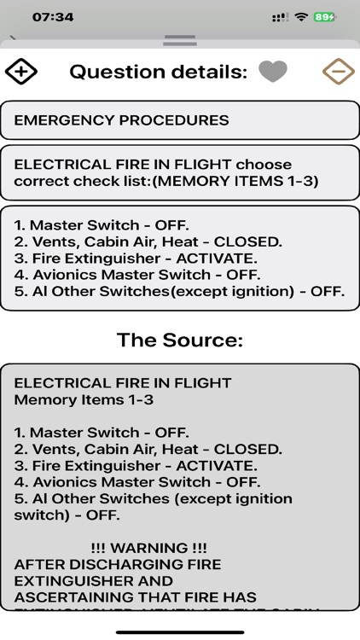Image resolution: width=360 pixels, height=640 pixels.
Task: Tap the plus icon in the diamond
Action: [21, 72]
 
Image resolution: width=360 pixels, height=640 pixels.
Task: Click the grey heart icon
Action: [273, 72]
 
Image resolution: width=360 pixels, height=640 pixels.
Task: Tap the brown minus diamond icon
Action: [338, 72]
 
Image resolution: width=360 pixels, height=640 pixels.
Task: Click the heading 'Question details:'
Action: [158, 72]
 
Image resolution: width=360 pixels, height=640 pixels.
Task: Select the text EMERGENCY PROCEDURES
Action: [122, 120]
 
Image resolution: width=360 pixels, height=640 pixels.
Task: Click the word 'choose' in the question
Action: [264, 164]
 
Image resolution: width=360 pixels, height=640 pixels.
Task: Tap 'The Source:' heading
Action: [180, 340]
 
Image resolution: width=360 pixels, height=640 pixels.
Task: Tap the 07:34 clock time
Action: [53, 17]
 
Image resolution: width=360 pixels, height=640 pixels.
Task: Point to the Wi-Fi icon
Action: [300, 17]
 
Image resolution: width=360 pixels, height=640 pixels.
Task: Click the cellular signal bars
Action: [280, 17]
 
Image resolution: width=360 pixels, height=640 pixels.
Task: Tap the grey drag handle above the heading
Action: [180, 40]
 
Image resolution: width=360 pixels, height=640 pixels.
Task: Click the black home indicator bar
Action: [180, 632]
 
